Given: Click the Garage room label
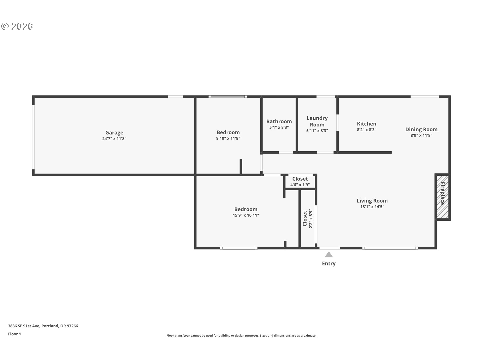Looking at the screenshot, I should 114,132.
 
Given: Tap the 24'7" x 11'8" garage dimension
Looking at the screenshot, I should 114,139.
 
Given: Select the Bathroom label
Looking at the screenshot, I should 279,121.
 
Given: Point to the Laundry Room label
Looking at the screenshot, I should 317,121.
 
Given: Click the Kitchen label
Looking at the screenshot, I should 367,124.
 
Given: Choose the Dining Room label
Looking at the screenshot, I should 421,129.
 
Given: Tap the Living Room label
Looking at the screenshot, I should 372,201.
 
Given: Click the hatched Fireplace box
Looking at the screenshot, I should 442,197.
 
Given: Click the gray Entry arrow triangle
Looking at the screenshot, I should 329,255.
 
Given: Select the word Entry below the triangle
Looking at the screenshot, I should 329,263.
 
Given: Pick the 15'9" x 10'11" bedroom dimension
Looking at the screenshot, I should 246,215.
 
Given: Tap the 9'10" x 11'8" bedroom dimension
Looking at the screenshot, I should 228,138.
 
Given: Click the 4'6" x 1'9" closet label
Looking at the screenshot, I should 300,185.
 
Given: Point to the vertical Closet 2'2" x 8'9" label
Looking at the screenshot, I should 308,218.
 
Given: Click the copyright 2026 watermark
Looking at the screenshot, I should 17,26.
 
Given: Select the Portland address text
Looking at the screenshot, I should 43,326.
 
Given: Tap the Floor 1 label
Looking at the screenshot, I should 14,334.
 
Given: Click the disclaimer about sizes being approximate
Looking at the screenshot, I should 241,336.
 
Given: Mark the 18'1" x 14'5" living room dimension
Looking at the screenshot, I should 372,207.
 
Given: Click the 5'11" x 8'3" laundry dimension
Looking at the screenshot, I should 317,131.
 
